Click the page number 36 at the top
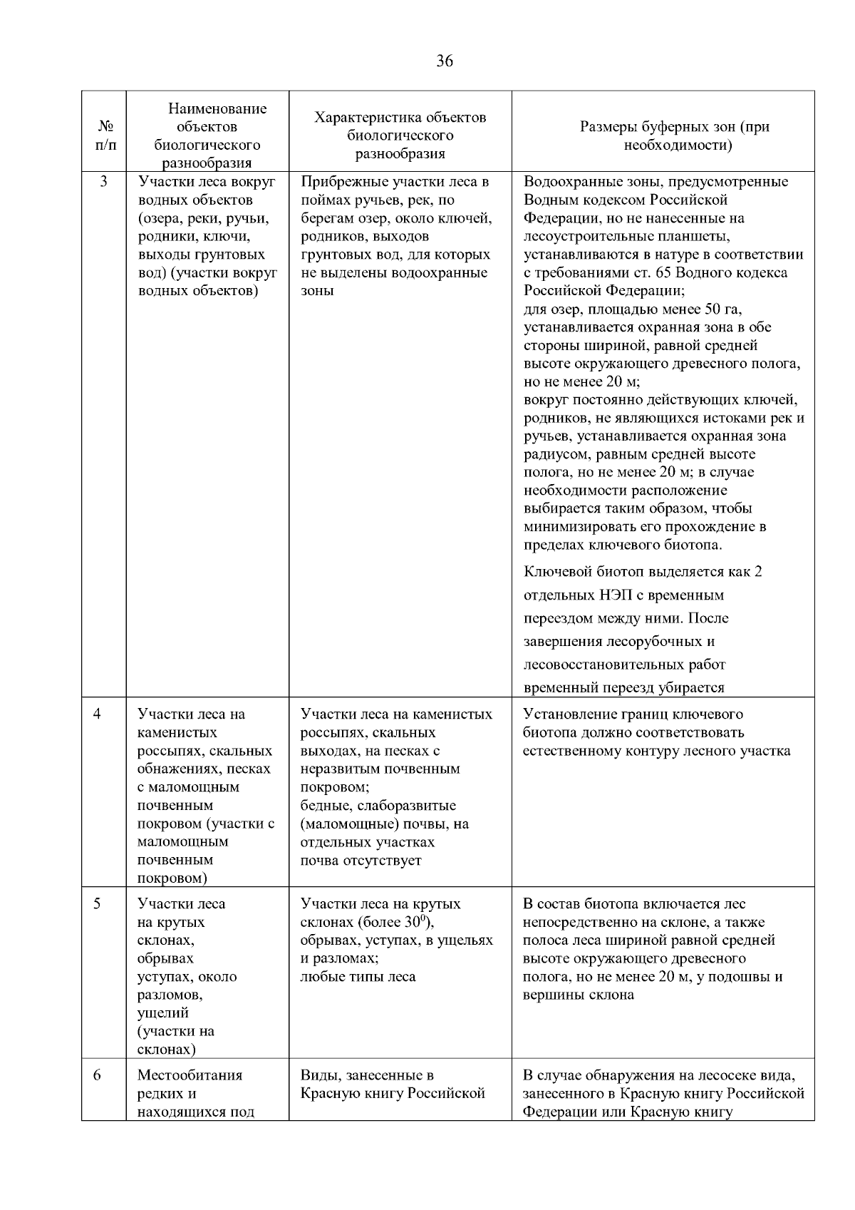click(444, 61)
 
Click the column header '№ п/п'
click(104, 135)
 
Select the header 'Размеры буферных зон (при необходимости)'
click(674, 136)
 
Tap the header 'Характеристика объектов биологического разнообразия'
click(400, 135)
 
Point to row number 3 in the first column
click(103, 182)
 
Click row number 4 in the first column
click(97, 714)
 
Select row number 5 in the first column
click(97, 904)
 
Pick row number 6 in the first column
click(97, 1075)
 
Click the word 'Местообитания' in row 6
click(190, 1075)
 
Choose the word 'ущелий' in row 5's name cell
click(162, 1013)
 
